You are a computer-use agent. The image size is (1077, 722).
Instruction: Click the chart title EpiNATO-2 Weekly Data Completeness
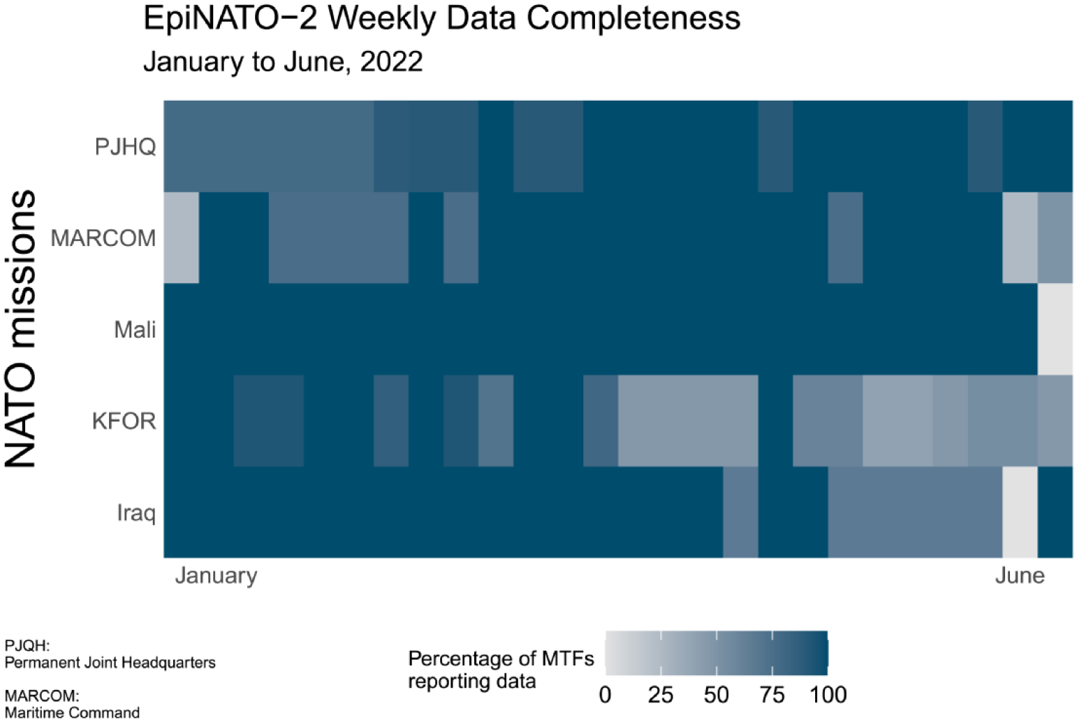pyautogui.click(x=441, y=18)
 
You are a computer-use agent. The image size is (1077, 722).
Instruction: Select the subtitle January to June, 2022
pyautogui.click(x=283, y=62)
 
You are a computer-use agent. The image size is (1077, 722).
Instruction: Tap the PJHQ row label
pyautogui.click(x=125, y=147)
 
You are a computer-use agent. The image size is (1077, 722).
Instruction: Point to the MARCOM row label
pyautogui.click(x=103, y=238)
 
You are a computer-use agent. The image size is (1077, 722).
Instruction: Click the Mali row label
pyautogui.click(x=135, y=329)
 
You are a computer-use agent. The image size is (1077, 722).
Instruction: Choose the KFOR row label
pyautogui.click(x=124, y=421)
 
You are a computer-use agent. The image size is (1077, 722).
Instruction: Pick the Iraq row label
pyautogui.click(x=136, y=513)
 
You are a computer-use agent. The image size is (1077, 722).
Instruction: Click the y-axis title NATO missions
pyautogui.click(x=21, y=328)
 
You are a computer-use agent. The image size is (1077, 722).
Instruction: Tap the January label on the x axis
pyautogui.click(x=216, y=575)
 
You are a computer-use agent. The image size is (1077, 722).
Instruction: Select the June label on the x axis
pyautogui.click(x=1020, y=575)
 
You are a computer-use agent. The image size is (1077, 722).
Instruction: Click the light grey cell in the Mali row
pyautogui.click(x=1055, y=329)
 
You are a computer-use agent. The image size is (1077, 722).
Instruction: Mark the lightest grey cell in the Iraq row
pyautogui.click(x=1020, y=512)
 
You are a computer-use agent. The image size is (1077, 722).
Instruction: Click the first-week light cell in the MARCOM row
pyautogui.click(x=182, y=238)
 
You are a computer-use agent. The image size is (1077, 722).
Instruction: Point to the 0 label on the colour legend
pyautogui.click(x=605, y=695)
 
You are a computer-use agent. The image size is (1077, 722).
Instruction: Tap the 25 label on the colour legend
pyautogui.click(x=660, y=695)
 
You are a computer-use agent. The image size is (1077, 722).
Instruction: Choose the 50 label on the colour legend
pyautogui.click(x=716, y=695)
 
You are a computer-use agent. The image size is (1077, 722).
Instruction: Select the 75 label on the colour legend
pyautogui.click(x=772, y=695)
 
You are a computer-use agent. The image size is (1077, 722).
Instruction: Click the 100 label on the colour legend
pyautogui.click(x=828, y=695)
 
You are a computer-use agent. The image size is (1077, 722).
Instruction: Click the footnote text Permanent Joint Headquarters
pyautogui.click(x=110, y=663)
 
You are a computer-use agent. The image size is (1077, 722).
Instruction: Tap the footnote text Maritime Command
pyautogui.click(x=73, y=713)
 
